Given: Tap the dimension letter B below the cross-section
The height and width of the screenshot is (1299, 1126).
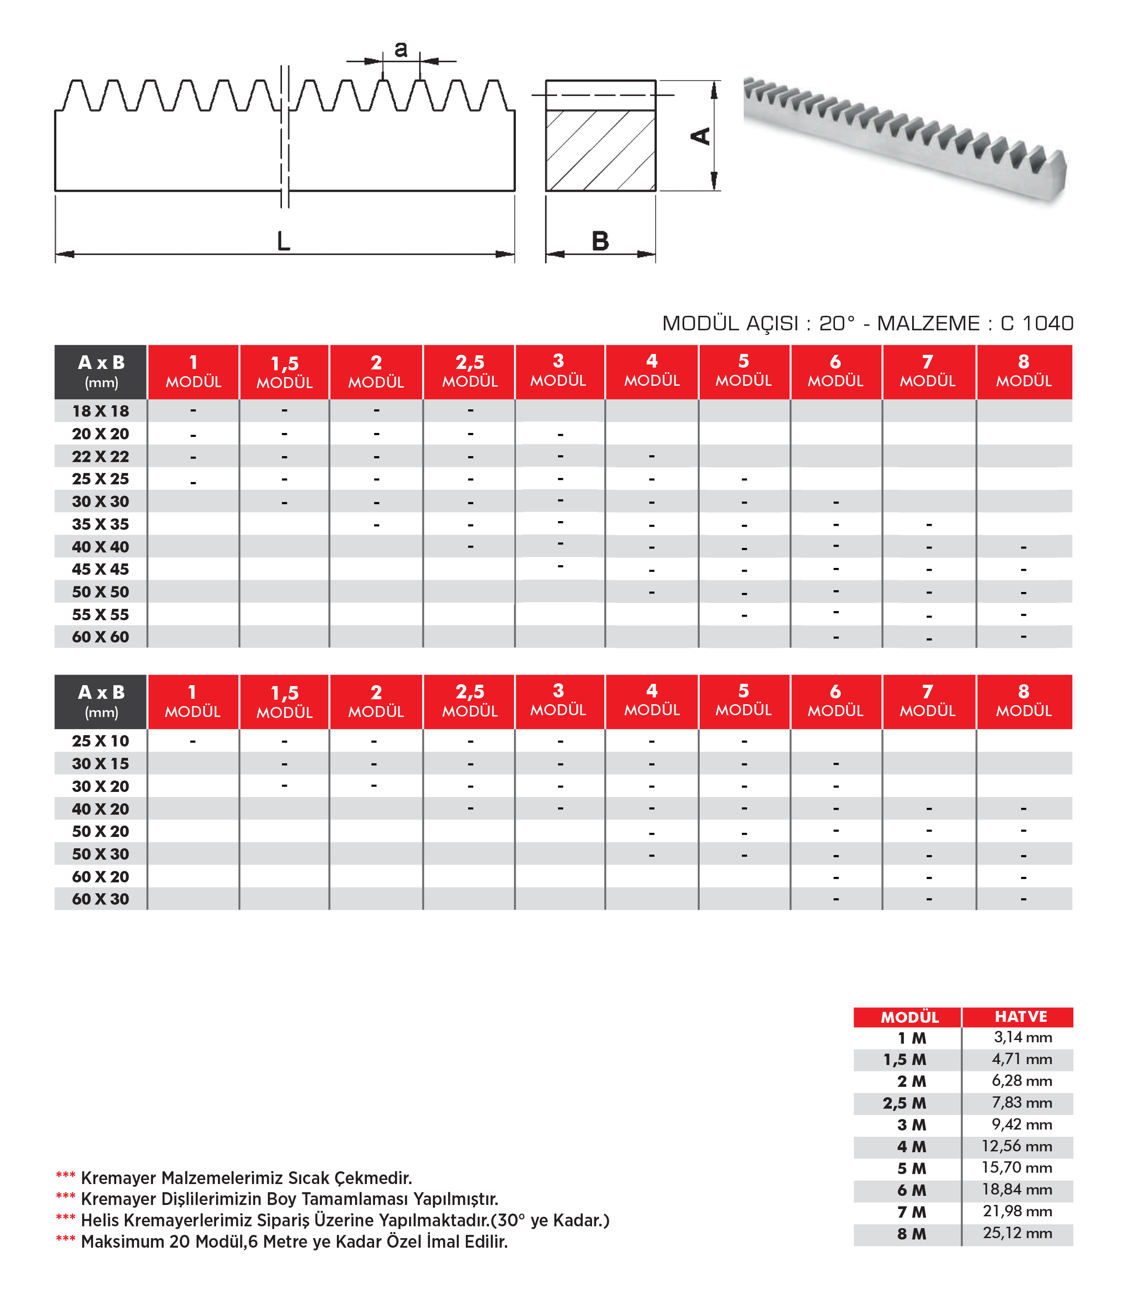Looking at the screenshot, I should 600,241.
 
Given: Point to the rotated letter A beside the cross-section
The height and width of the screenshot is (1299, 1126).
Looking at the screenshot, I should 701,136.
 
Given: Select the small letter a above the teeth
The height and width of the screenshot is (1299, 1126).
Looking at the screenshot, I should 401,49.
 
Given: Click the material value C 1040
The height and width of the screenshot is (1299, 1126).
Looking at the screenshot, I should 1037,323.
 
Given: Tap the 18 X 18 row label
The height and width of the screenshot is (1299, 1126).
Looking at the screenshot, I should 100,411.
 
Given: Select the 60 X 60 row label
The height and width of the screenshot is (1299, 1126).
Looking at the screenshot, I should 100,637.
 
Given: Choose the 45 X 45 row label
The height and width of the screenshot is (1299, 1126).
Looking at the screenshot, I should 100,569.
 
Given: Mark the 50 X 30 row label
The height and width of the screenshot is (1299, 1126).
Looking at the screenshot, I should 100,854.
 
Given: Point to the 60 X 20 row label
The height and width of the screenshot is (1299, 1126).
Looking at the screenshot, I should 100,876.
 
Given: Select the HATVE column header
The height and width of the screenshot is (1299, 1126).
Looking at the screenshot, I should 1021,1017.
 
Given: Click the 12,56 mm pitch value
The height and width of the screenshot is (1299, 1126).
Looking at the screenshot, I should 1017,1146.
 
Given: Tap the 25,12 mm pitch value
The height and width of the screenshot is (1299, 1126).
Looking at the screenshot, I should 1017,1233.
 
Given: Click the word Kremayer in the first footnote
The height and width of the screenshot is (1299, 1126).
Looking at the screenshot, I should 118,1178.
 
